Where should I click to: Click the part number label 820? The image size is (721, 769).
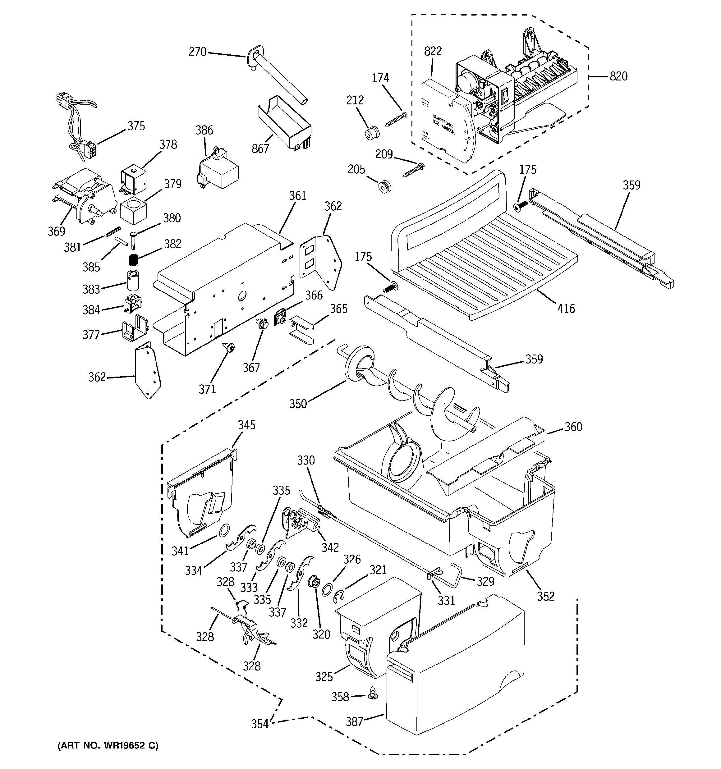pos(618,76)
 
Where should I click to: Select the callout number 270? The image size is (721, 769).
pos(197,52)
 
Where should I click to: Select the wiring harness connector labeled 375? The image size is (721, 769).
pos(90,149)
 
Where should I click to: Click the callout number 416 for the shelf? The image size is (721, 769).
pos(566,309)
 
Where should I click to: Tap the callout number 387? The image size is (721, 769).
pos(354,721)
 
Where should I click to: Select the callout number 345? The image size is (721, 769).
pos(246,425)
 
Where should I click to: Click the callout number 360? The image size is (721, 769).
pos(573,427)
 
